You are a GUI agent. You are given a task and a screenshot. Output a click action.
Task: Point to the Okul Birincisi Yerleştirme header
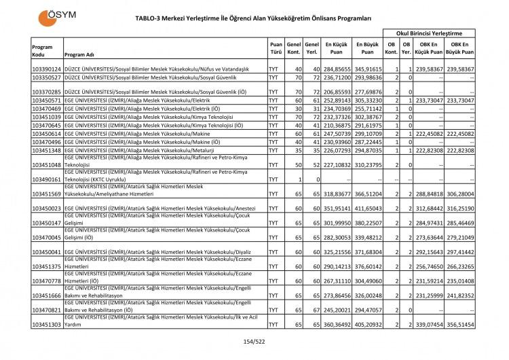point(429,33)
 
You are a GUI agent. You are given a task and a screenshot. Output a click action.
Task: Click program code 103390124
point(47,69)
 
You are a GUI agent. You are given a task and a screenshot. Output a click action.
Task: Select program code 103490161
point(47,179)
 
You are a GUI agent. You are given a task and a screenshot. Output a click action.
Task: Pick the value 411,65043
point(366,209)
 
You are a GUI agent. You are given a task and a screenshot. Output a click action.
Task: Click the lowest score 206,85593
point(335,91)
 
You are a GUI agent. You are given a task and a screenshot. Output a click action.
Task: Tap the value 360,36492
point(335,325)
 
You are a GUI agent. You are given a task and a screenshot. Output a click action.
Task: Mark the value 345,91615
point(366,69)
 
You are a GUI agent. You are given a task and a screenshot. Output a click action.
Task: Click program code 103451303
point(47,325)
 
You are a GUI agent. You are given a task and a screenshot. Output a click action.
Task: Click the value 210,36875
point(335,125)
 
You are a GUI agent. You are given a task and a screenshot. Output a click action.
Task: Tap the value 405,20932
point(366,325)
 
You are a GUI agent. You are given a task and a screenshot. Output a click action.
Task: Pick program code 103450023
point(47,209)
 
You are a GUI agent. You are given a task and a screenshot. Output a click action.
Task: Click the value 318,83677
point(335,194)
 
